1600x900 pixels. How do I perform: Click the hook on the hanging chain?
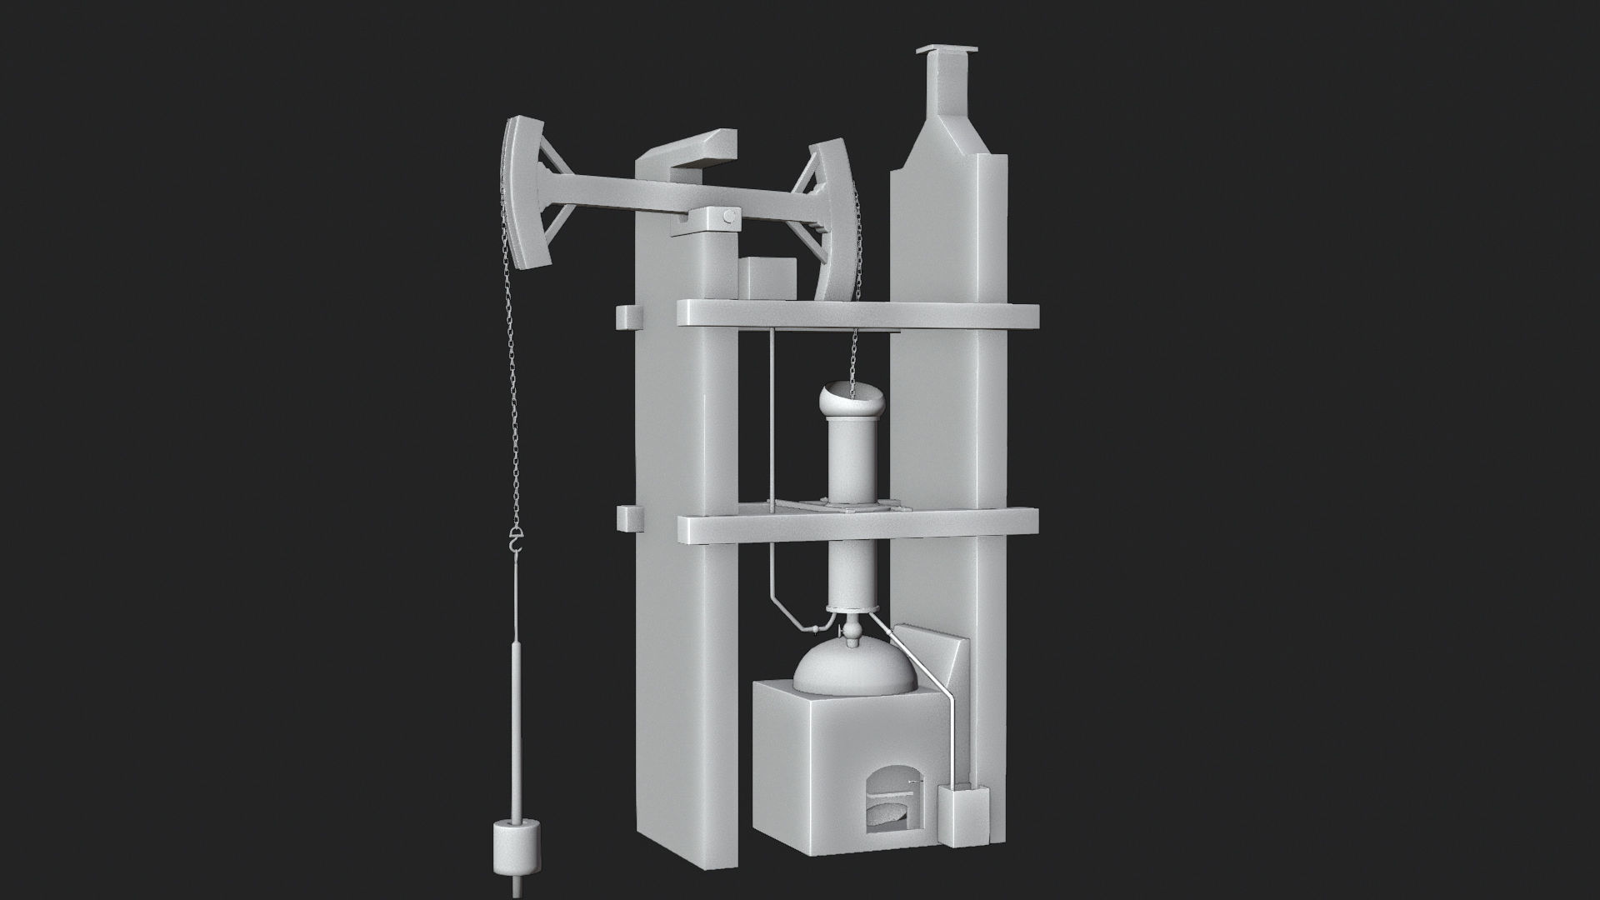click(517, 542)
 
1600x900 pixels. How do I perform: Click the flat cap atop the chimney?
click(947, 52)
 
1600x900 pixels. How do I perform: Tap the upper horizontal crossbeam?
click(858, 314)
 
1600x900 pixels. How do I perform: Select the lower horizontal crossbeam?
click(858, 524)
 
